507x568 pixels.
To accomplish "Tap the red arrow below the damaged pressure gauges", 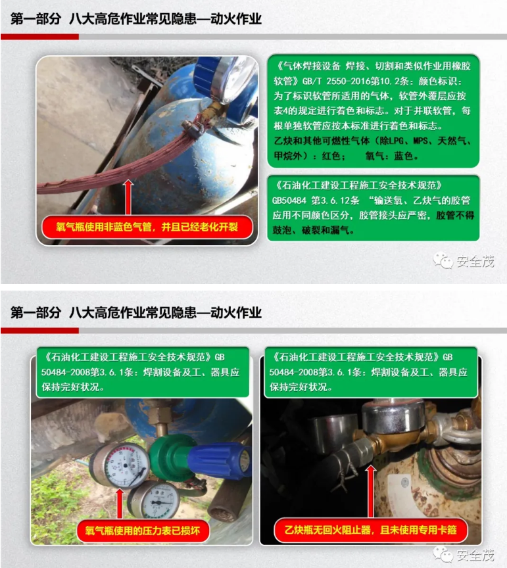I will (x=120, y=503).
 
